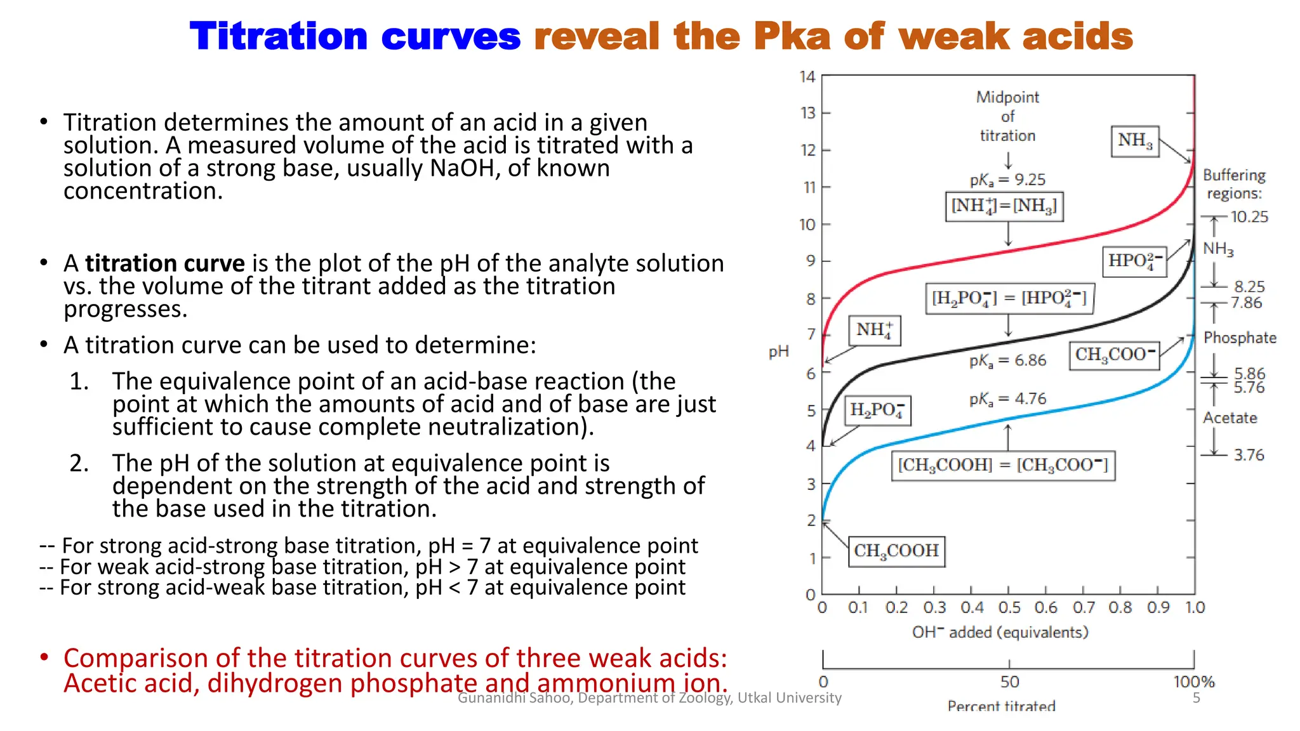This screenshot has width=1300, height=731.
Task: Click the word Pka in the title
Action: point(792,36)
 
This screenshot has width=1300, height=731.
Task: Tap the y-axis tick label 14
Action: point(807,77)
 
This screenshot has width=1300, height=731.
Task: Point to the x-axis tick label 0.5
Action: point(1009,608)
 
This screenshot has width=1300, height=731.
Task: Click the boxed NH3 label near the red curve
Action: point(1135,141)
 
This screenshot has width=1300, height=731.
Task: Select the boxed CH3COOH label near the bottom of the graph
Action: point(896,551)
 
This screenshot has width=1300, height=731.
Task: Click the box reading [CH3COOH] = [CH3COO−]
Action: point(1003,466)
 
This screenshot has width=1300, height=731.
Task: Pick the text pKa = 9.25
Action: point(1007,180)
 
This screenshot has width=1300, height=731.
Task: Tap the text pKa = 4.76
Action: point(1007,399)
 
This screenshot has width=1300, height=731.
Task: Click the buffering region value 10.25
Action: point(1249,217)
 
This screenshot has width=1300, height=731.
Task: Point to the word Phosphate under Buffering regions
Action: point(1240,338)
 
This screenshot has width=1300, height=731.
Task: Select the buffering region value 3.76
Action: point(1249,455)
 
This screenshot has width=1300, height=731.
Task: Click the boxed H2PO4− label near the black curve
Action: point(877,411)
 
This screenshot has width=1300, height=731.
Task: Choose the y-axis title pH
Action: point(778,352)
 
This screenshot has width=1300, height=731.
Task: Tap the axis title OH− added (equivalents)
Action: point(1000,633)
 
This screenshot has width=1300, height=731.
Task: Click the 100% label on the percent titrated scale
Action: point(1193,682)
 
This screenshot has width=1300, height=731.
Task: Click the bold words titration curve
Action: point(165,263)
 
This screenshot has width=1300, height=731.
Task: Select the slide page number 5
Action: point(1196,698)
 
